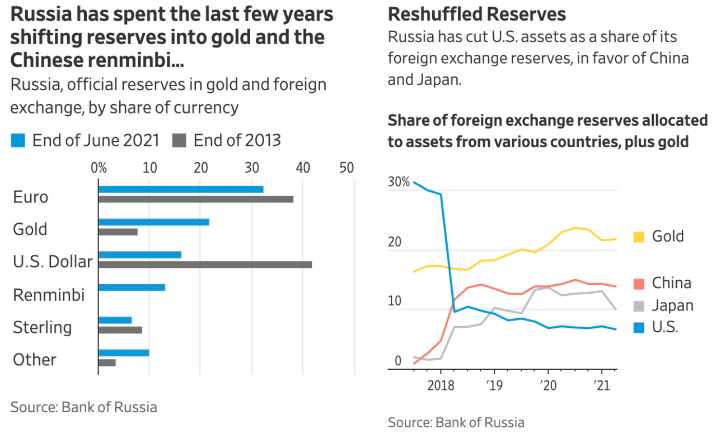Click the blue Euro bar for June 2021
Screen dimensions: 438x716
(x=180, y=190)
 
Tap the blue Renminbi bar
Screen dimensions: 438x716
(x=132, y=288)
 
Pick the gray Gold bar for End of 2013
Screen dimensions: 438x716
(x=118, y=232)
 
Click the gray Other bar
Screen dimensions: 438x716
(x=107, y=362)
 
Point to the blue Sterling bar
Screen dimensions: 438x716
(x=115, y=320)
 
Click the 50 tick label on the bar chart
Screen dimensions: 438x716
(x=347, y=167)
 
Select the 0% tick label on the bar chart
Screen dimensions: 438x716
(x=99, y=167)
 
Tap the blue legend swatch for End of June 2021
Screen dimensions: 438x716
(x=18, y=140)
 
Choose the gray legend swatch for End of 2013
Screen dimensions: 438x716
(x=179, y=140)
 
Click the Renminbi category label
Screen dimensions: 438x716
(x=49, y=295)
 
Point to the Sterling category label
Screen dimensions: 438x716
(x=43, y=327)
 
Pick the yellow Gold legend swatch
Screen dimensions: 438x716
(x=639, y=237)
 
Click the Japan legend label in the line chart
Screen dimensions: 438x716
(x=672, y=305)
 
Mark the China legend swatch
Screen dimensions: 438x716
(x=639, y=283)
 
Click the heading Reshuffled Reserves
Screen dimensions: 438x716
(x=476, y=13)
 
